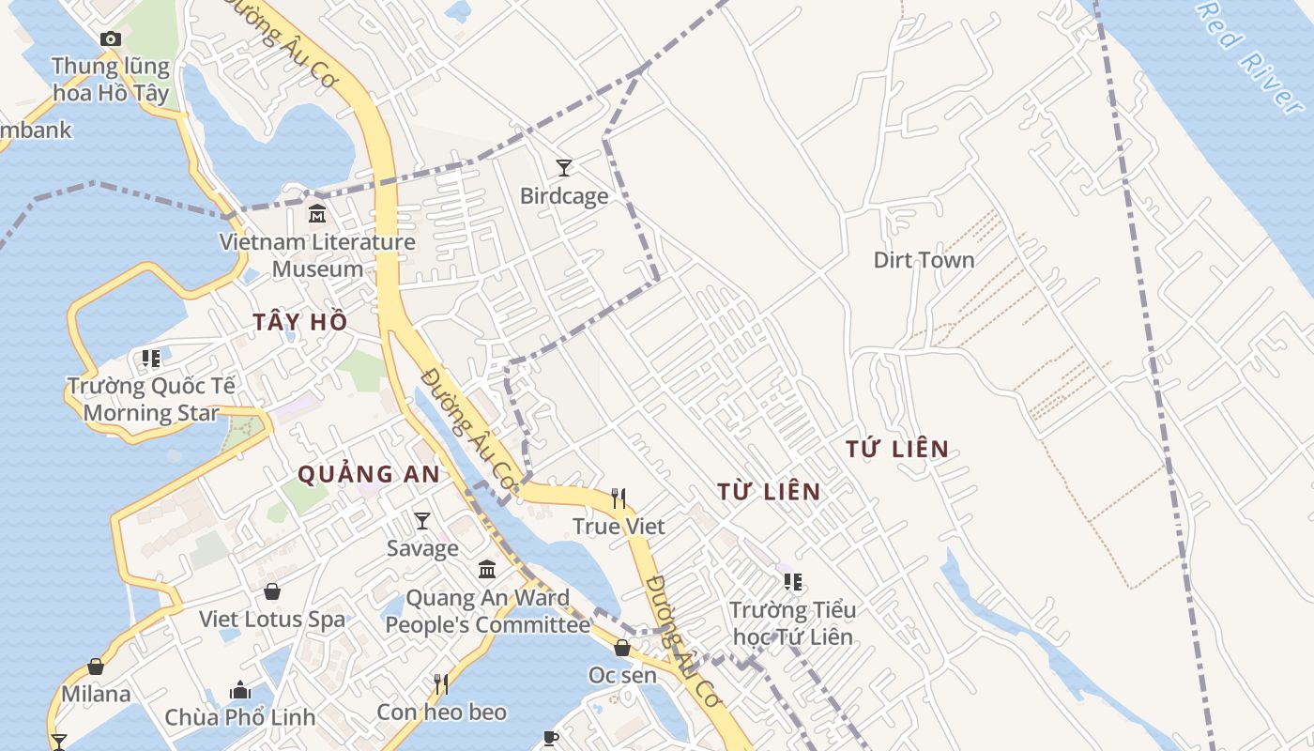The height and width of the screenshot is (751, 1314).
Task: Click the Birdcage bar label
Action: pos(564,196)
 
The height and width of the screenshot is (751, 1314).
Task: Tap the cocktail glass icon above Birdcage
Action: pos(563,168)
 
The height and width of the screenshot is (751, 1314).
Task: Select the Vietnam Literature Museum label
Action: pos(317,254)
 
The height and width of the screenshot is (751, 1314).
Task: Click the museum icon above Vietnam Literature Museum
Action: pos(317,214)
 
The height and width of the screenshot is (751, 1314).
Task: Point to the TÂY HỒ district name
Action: pos(300,322)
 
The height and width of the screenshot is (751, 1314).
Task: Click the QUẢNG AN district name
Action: pos(369,475)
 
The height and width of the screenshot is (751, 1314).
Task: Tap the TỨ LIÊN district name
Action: pos(897,450)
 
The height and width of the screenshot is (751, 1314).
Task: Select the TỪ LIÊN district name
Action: pos(769,491)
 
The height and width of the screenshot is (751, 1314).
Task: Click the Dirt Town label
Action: pos(924,260)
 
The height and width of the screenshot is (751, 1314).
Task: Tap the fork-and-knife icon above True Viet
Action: pos(619,498)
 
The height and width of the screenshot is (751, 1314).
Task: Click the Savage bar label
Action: pos(422,548)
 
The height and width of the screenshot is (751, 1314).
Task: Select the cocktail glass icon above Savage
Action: pos(422,520)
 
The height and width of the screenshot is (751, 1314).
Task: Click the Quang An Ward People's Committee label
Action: pos(487,611)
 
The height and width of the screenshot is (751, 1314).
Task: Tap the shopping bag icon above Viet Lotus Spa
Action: pos(272,591)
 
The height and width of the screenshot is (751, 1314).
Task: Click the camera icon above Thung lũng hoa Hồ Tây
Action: pos(111,38)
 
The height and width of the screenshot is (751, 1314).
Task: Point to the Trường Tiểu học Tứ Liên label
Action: pos(793,623)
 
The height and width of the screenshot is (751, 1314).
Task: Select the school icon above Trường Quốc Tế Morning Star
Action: pos(151,358)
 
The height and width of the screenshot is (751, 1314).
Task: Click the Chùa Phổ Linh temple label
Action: pos(240,717)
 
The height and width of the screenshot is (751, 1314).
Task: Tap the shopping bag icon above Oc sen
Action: pos(622,648)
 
